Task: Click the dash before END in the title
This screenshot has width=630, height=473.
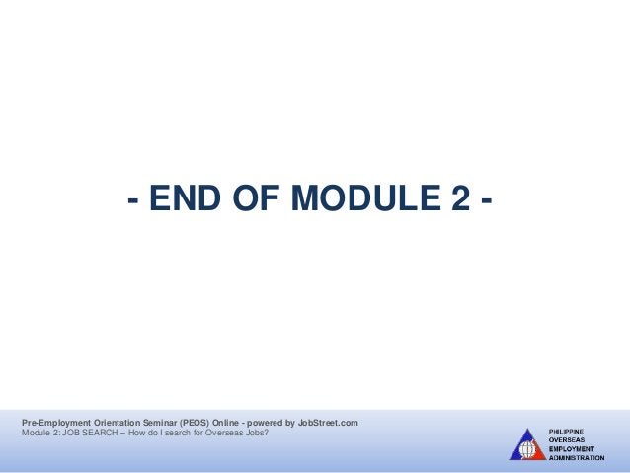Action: pyautogui.click(x=131, y=201)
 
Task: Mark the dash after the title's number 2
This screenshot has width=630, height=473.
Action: pyautogui.click(x=486, y=201)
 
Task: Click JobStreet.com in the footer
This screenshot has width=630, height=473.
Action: pyautogui.click(x=328, y=423)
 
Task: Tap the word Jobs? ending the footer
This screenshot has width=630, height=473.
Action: pyautogui.click(x=254, y=434)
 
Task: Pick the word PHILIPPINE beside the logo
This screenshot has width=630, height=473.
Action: pyautogui.click(x=567, y=432)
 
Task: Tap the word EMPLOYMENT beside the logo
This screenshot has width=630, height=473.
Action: pyautogui.click(x=571, y=449)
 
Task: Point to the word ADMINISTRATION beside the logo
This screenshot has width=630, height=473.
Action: pyautogui.click(x=577, y=458)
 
